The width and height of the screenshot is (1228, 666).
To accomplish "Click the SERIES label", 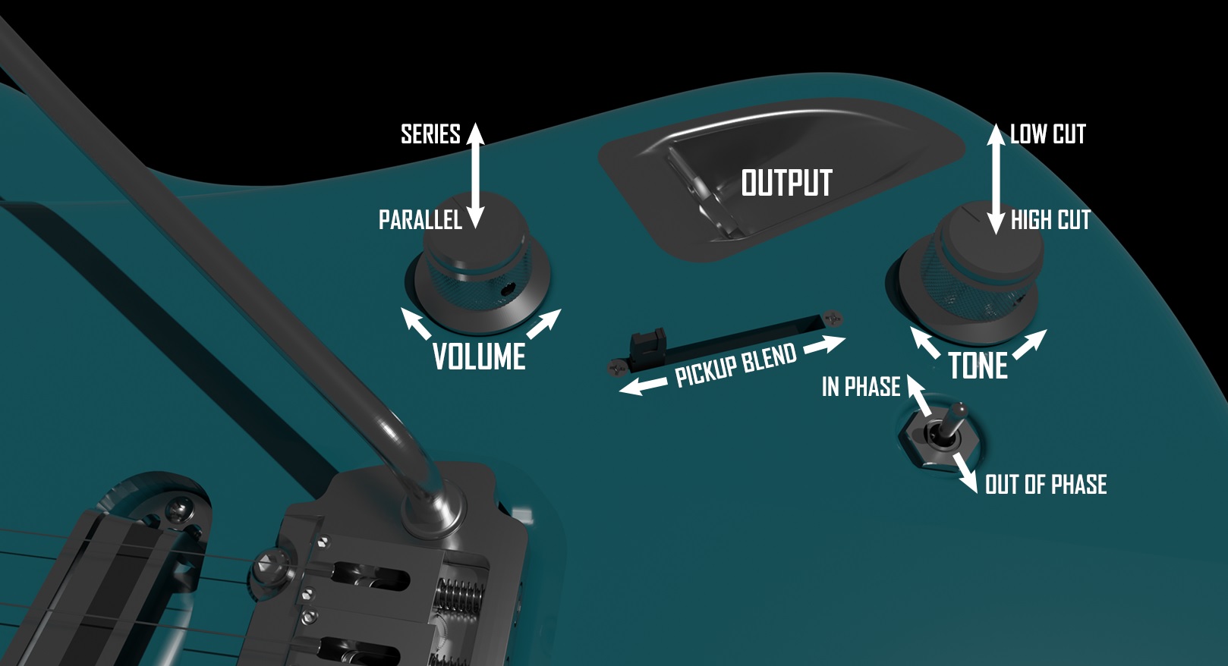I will point(430,134).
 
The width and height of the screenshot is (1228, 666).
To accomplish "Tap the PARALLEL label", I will point(420,220).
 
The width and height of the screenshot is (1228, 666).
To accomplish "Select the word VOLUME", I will point(479,357).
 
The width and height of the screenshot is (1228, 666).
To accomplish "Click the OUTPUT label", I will point(786,183).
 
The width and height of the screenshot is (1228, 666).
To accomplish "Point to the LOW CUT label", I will point(1047,134).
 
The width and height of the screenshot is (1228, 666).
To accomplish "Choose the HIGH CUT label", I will point(1050,220).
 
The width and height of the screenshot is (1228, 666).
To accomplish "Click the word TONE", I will point(978,366).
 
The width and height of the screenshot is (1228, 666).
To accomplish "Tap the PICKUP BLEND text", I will point(735,365).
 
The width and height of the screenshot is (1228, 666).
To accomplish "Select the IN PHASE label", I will point(861,387).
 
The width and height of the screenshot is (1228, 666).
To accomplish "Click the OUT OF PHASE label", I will point(1045,485).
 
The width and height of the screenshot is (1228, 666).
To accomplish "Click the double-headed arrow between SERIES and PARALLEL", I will point(475,175).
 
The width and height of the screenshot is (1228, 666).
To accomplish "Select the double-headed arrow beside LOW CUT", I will point(996,179).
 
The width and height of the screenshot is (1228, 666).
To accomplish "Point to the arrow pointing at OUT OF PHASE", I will point(966,473).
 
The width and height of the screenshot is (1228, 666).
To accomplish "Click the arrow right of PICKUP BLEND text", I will point(824,344).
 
